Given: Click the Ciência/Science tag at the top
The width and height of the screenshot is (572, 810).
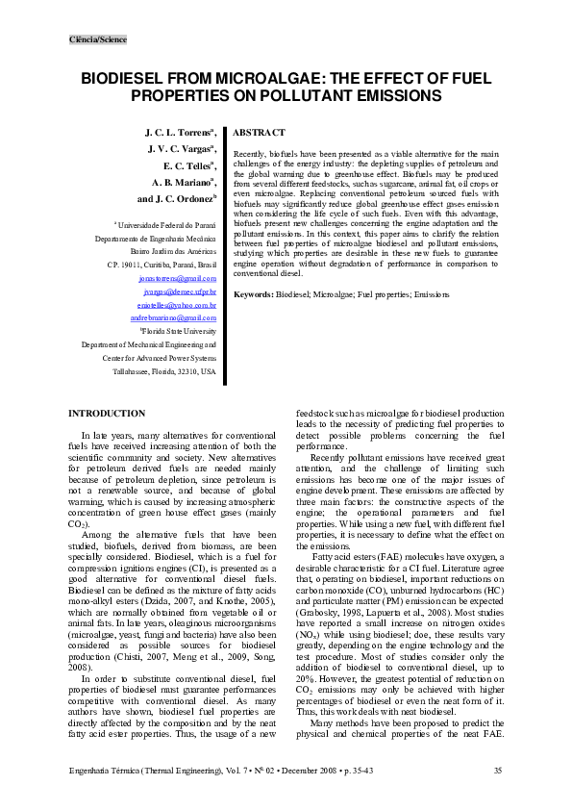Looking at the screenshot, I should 98,39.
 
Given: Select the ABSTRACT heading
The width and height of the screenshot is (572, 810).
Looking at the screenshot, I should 260,132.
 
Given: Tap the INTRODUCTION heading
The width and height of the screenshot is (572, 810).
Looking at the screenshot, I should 106,413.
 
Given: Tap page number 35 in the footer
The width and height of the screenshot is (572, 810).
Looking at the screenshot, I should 497,771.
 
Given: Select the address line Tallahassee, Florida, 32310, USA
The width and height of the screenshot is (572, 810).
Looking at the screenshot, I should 164,370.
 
